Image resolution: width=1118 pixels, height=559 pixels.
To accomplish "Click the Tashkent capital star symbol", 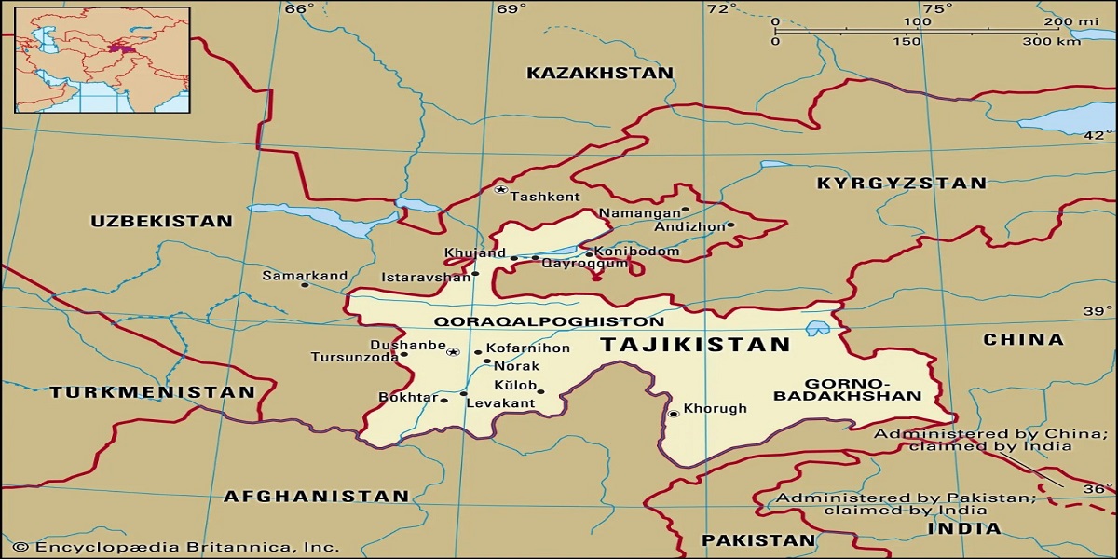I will tap(500, 189).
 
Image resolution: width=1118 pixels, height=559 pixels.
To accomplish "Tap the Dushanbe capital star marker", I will tap(454, 352).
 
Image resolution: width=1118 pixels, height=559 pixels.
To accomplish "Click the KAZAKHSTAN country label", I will tap(599, 73).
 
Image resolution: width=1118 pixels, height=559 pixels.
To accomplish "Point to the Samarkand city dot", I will tap(305, 284).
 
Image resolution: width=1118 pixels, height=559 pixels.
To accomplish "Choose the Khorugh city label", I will tap(716, 409).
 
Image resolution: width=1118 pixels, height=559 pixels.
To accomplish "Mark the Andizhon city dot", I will tap(730, 225).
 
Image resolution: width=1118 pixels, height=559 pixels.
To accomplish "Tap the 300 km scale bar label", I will tap(1051, 42).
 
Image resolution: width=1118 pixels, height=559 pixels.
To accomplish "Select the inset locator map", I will tap(102, 60).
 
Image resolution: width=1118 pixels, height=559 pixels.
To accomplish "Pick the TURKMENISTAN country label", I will tap(152, 392).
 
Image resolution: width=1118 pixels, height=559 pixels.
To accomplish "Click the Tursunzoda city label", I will tap(354, 358).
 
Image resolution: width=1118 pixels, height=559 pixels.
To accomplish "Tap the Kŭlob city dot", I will tap(540, 391).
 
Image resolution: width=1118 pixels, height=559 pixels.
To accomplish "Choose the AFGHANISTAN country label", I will tap(316, 497).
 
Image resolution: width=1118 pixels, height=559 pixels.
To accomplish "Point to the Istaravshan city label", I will tap(426, 278).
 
